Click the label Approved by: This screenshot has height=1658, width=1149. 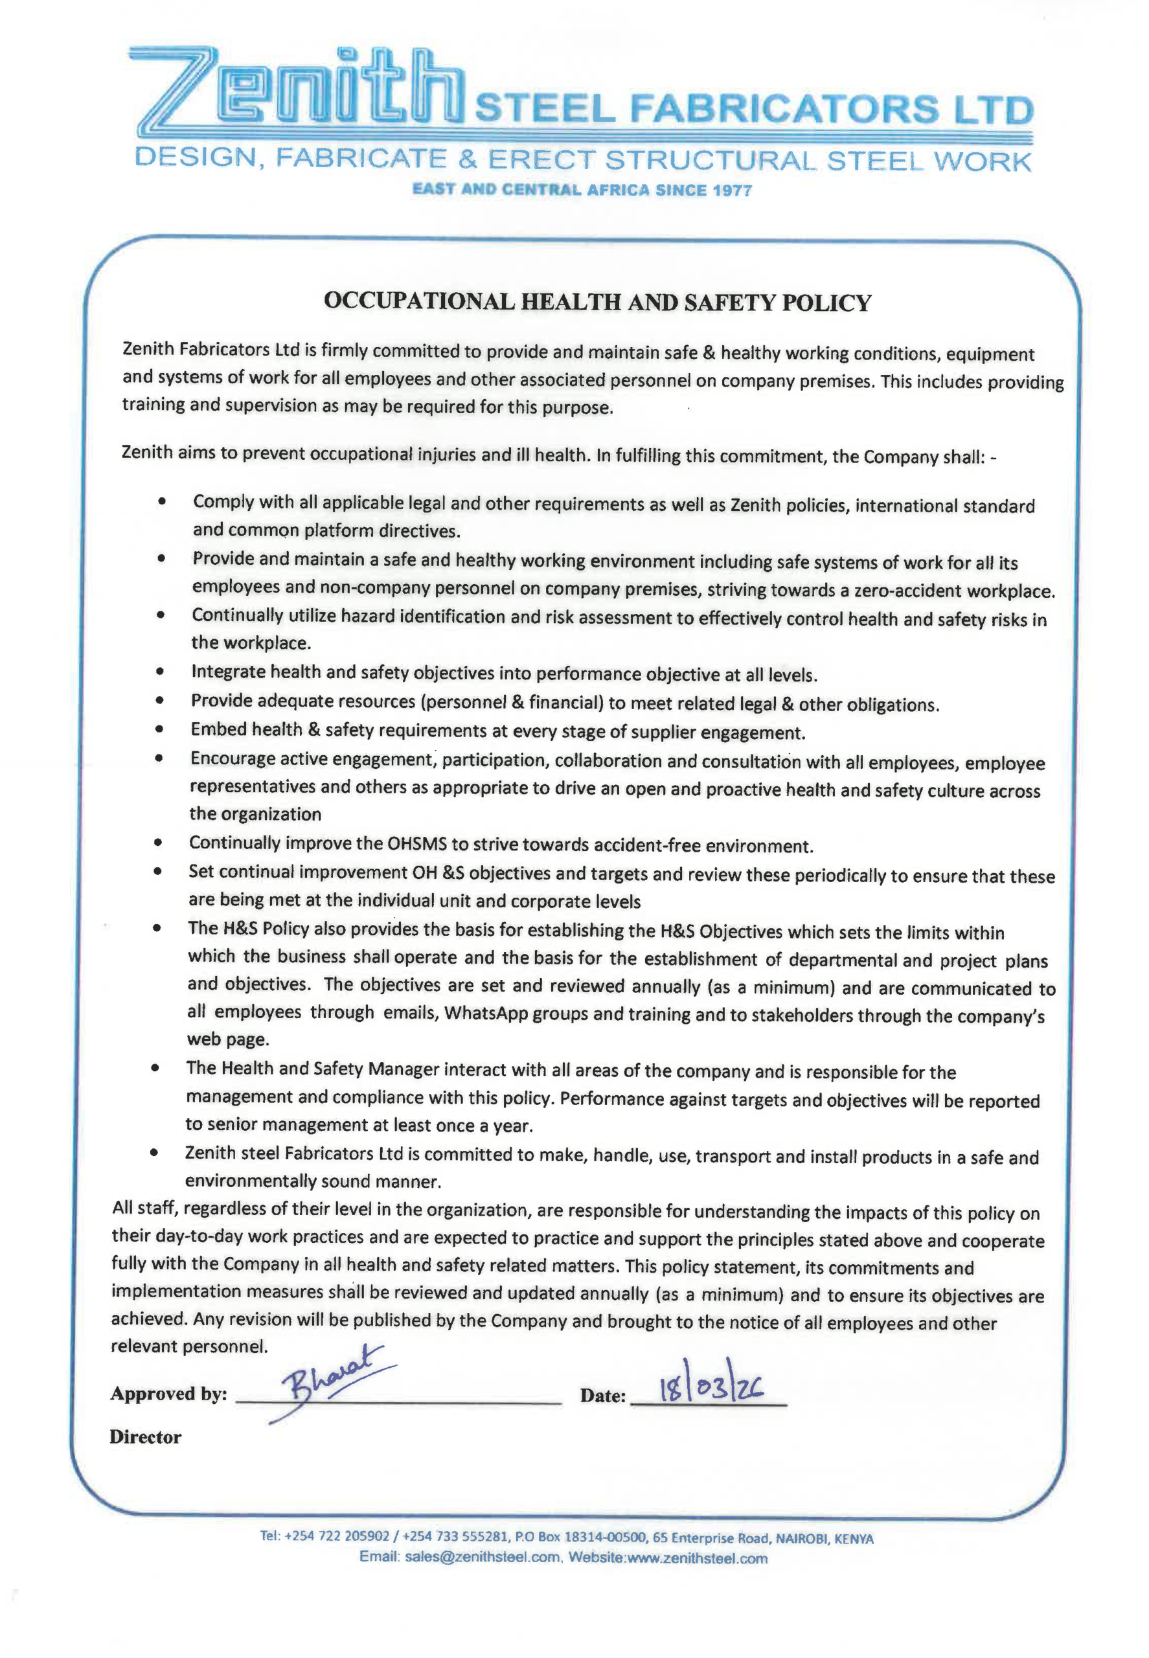[168, 1394]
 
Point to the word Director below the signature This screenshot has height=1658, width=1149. [146, 1437]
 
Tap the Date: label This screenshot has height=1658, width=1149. [602, 1396]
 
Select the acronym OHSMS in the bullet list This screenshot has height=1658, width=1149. [418, 844]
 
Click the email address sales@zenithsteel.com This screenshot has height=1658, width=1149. [482, 1557]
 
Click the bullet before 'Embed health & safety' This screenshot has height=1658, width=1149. [159, 729]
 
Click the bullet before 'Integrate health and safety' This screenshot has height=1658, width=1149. [160, 671]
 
